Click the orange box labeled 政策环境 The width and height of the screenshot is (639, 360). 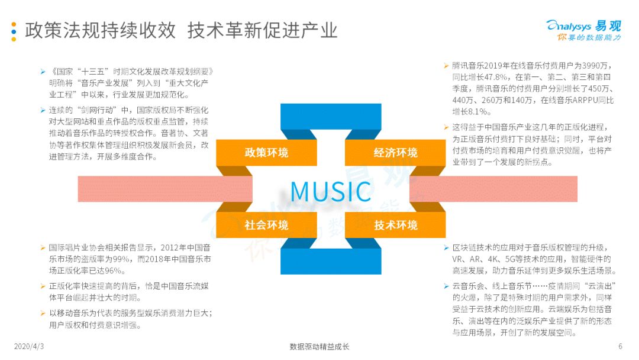(x=266, y=153)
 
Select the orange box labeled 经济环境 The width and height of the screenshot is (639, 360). (x=395, y=153)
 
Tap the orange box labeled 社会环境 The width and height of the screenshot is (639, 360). (x=266, y=224)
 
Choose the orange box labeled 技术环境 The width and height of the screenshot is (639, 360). (x=395, y=224)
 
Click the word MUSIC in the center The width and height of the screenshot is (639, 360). (x=331, y=191)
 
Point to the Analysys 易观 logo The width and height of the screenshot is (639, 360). (x=583, y=30)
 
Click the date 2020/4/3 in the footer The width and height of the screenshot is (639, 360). (x=28, y=346)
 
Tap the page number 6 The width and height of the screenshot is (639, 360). (x=620, y=346)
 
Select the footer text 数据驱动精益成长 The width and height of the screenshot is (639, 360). (x=319, y=346)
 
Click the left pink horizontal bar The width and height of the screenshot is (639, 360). (x=165, y=189)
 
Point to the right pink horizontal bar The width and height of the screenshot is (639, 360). (x=493, y=189)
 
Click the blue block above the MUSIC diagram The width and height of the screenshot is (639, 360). (x=331, y=117)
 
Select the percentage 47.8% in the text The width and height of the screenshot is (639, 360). (x=496, y=77)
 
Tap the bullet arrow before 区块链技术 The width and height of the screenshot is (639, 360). (x=446, y=248)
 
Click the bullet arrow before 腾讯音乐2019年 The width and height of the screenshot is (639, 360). (x=446, y=66)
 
